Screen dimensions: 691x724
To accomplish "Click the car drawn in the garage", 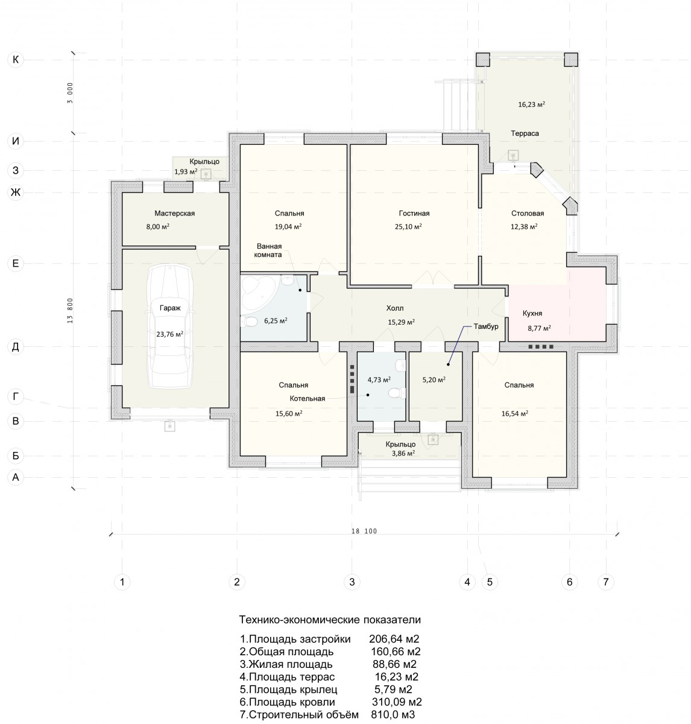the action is pyautogui.click(x=170, y=326).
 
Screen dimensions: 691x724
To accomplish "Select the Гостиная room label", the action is pyautogui.click(x=414, y=214).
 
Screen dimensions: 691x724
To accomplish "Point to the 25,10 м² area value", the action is pyautogui.click(x=408, y=227).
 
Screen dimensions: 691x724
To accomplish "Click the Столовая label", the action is pyautogui.click(x=528, y=214).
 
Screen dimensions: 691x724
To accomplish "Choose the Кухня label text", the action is pyautogui.click(x=532, y=314).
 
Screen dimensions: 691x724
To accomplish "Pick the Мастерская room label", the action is pyautogui.click(x=174, y=214).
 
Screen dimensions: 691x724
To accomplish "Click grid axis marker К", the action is pyautogui.click(x=16, y=60).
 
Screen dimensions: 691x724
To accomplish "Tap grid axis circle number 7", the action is pyautogui.click(x=606, y=582).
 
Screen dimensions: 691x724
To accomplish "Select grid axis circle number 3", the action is pyautogui.click(x=352, y=582).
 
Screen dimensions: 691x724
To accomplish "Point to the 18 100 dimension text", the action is pyautogui.click(x=364, y=532).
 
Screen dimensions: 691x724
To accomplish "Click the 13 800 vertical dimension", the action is pyautogui.click(x=71, y=311).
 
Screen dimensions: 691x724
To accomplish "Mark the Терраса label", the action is pyautogui.click(x=525, y=133).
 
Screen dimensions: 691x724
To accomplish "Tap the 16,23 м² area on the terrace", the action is pyautogui.click(x=531, y=104).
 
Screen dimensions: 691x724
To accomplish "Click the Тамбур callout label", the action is pyautogui.click(x=486, y=326).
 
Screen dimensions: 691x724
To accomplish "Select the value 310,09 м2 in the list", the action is pyautogui.click(x=397, y=702).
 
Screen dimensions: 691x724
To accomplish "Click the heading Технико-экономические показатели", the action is pyautogui.click(x=329, y=620).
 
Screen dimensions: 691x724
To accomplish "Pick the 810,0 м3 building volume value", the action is pyautogui.click(x=393, y=715).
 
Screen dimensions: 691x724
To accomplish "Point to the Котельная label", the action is pyautogui.click(x=307, y=399).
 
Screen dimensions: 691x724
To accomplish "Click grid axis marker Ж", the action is pyautogui.click(x=16, y=192).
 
